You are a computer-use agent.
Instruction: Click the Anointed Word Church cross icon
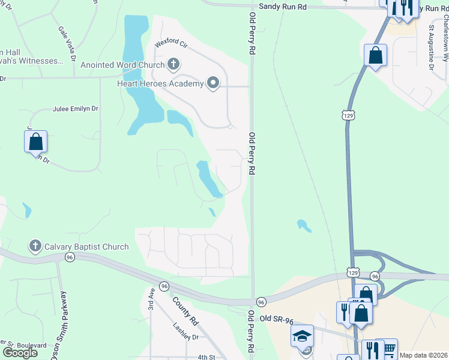tap(173, 64)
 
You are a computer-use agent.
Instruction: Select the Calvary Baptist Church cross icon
tap(35, 246)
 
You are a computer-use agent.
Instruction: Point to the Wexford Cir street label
tap(171, 44)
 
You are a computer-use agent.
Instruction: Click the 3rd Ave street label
tap(152, 298)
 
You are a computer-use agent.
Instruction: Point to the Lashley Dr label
tap(185, 337)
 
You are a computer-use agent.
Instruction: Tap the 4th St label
tap(207, 357)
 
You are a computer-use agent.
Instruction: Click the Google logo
tap(20, 352)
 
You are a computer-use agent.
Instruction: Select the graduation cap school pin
tap(303, 336)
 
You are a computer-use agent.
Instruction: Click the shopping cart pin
tap(389, 348)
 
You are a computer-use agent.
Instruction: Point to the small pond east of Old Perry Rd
tap(304, 226)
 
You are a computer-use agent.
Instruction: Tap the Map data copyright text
tap(423, 355)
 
